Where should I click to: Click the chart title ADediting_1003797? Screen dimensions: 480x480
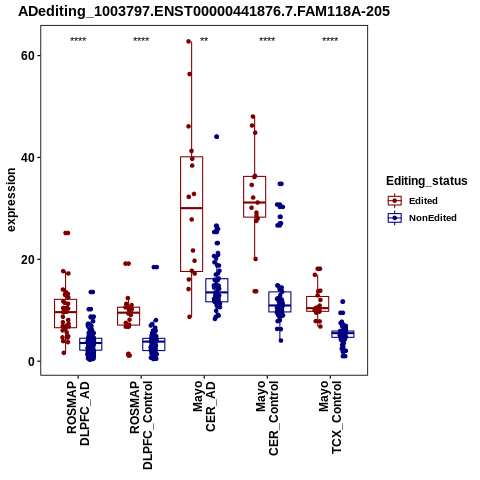click(x=204, y=12)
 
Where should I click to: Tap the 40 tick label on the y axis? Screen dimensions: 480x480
click(x=28, y=158)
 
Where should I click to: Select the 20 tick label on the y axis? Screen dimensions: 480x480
click(x=28, y=260)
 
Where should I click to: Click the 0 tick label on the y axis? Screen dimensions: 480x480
click(x=32, y=362)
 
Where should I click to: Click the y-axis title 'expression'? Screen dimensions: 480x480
click(x=11, y=200)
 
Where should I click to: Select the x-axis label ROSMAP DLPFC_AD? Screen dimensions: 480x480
click(x=78, y=413)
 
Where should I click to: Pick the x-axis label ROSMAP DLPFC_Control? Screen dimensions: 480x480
click(x=141, y=425)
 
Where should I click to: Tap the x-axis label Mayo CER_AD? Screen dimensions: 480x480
click(x=204, y=406)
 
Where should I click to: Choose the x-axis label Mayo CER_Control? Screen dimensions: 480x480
click(x=267, y=418)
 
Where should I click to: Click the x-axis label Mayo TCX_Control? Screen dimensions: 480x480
click(x=330, y=417)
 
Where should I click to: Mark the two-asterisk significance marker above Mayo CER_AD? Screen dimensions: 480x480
click(x=204, y=40)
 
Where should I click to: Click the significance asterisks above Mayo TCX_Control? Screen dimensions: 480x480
click(x=330, y=40)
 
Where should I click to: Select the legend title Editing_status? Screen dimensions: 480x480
click(x=427, y=181)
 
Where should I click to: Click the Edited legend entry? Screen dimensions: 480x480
click(x=413, y=201)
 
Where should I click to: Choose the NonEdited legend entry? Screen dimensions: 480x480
click(x=422, y=218)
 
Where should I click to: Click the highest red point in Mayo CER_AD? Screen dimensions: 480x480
click(x=188, y=41)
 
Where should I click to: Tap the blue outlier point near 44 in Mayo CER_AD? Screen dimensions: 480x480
click(x=216, y=137)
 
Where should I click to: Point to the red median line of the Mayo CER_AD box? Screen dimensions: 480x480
click(x=192, y=208)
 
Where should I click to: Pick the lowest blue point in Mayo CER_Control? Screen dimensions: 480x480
click(x=281, y=340)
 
